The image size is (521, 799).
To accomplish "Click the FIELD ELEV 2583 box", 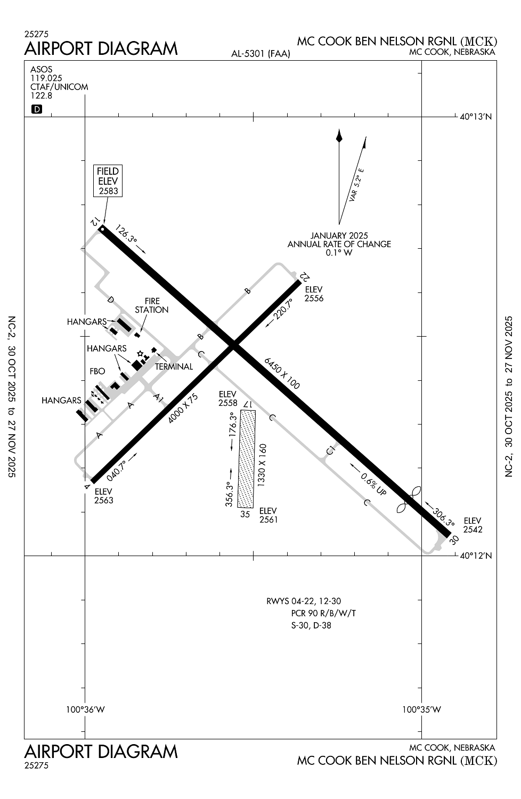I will coord(108,181).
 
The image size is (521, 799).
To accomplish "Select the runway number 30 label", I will coord(454,540).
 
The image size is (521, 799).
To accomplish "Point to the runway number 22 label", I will coord(305,276).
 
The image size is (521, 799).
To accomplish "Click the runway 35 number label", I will coord(245,514).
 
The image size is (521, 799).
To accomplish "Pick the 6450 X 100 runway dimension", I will coord(282,373).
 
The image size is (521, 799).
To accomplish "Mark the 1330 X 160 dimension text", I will coord(262,464).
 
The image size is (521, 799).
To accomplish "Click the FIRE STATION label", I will coord(152,305).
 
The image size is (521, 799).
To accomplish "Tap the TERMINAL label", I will coord(174,366).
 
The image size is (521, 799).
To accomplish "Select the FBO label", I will coord(98,371).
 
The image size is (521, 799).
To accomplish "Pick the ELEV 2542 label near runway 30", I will coord(473,525).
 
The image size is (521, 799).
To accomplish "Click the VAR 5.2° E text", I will coord(356,185).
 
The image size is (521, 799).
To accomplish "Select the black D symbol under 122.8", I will coord(37,110).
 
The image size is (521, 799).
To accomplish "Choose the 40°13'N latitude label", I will coord(476,116).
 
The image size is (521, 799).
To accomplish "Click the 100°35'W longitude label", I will coord(421,710).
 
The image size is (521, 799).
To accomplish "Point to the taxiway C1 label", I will coord(331,450).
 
